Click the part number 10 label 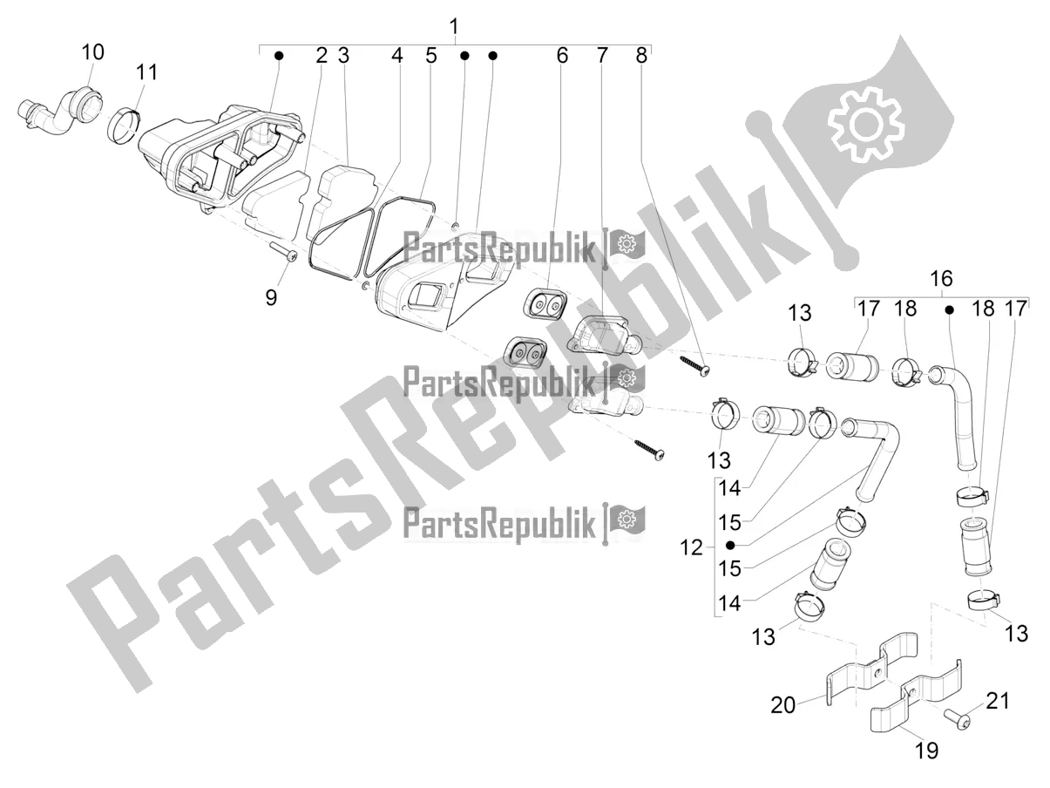[x=93, y=51]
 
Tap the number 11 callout [x=146, y=72]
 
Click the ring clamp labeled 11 [x=124, y=125]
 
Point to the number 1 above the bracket [x=454, y=26]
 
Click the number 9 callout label [x=271, y=297]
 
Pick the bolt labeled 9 [x=284, y=252]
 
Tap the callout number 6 [x=562, y=56]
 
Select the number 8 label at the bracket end [x=641, y=56]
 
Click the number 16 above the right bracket [x=941, y=278]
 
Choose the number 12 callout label [x=691, y=547]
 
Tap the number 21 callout [x=998, y=702]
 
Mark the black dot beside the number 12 [x=730, y=545]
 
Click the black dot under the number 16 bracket [x=950, y=310]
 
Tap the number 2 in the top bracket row [x=322, y=56]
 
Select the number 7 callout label [x=602, y=56]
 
